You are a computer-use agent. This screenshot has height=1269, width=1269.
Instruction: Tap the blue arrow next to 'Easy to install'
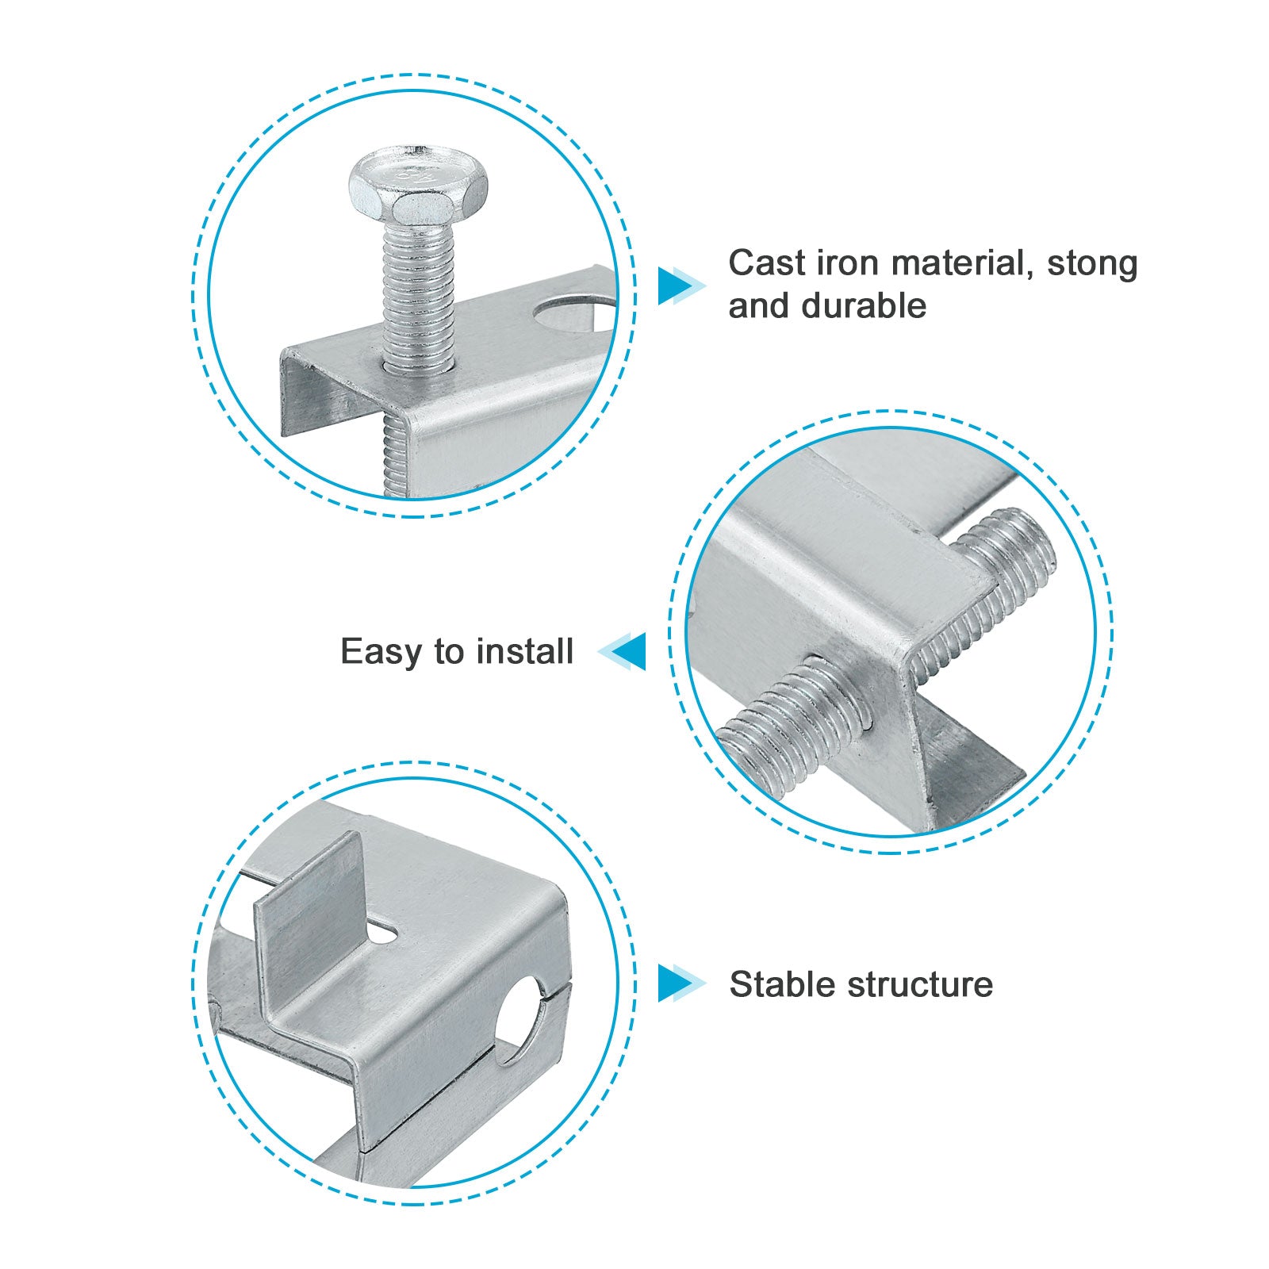coord(622,651)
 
